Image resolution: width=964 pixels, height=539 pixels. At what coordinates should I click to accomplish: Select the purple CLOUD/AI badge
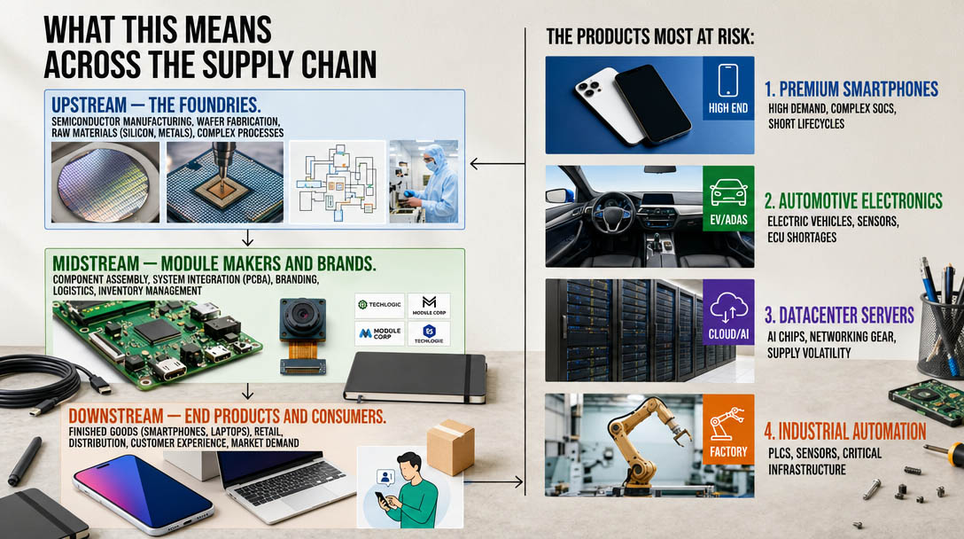point(728,312)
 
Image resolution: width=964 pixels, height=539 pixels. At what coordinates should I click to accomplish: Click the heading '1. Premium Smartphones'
point(851,89)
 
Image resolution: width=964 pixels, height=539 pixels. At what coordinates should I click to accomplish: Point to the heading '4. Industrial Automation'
point(845,432)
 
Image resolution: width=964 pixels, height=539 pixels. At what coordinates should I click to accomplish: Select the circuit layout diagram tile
point(337,181)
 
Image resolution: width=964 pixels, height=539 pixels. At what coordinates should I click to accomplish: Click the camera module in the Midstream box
point(303,332)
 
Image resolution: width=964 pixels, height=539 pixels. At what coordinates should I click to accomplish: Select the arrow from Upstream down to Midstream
point(247,237)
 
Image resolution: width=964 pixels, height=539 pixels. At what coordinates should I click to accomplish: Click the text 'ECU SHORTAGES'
point(801,238)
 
